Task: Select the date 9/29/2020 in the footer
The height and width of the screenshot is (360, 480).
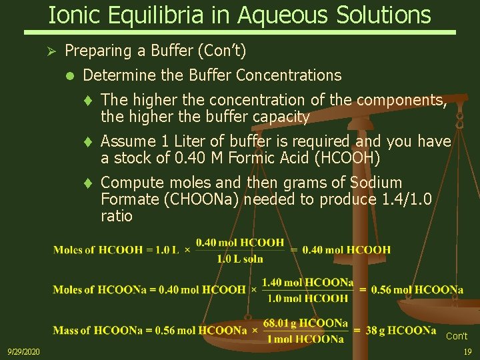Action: point(23,351)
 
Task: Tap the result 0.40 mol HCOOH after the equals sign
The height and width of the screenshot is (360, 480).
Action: point(347,250)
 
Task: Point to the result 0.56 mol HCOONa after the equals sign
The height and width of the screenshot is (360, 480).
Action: point(419,290)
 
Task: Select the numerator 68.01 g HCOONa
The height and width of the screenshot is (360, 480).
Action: point(305,323)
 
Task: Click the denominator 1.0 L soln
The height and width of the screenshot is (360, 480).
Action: point(240,259)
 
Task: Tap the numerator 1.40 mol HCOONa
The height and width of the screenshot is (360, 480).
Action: point(307,283)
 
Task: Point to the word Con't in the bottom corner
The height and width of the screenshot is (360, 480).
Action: point(457,336)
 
